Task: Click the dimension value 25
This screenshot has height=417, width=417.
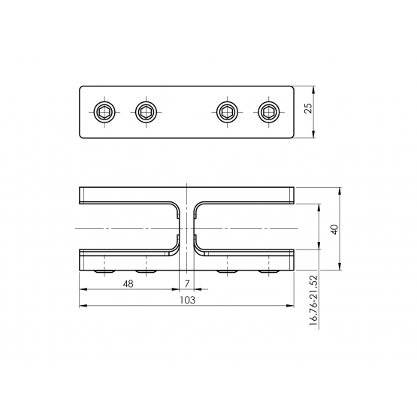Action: pyautogui.click(x=309, y=108)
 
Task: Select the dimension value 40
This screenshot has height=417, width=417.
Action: pyautogui.click(x=334, y=229)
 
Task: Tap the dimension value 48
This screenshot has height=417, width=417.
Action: pyautogui.click(x=128, y=284)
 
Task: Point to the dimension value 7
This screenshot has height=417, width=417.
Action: pyautogui.click(x=187, y=284)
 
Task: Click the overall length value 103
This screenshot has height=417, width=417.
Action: pyautogui.click(x=188, y=300)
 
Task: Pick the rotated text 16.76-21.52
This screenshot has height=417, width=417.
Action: pyautogui.click(x=314, y=301)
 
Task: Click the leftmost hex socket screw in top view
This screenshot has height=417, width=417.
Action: pyautogui.click(x=104, y=112)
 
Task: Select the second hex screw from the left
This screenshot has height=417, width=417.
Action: pyautogui.click(x=146, y=112)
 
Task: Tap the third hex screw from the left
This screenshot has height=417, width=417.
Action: pyautogui.click(x=228, y=112)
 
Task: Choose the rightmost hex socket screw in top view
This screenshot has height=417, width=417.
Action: pyautogui.click(x=269, y=112)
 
